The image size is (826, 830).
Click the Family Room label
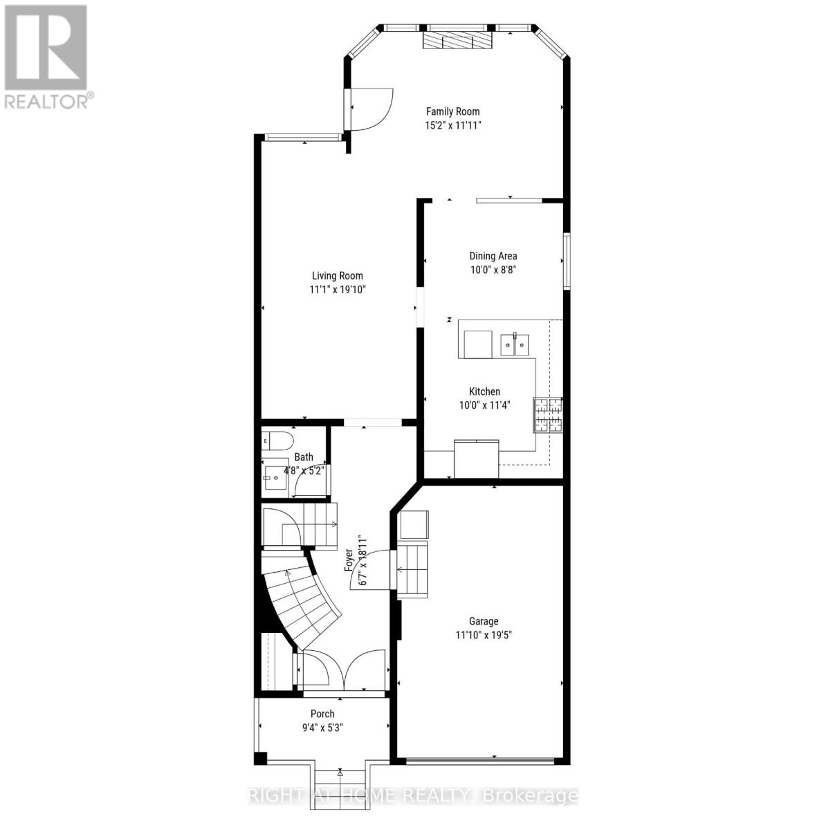pyautogui.click(x=452, y=111)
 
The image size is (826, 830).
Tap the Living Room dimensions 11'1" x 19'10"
pyautogui.click(x=337, y=290)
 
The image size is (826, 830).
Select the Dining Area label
pyautogui.click(x=493, y=256)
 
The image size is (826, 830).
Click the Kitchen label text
pyautogui.click(x=484, y=391)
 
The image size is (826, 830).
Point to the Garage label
pyautogui.click(x=483, y=621)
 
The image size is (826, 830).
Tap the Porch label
pyautogui.click(x=322, y=714)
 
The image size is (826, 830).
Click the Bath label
pyautogui.click(x=304, y=456)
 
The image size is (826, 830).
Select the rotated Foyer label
pyautogui.click(x=350, y=558)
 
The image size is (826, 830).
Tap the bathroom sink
pyautogui.click(x=277, y=477)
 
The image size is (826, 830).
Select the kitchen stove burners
pyautogui.click(x=547, y=415)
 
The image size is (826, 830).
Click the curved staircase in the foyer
pyautogui.click(x=304, y=598)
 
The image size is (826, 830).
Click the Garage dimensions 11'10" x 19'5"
pyautogui.click(x=484, y=635)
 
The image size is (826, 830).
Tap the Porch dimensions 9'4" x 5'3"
pyautogui.click(x=322, y=728)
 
